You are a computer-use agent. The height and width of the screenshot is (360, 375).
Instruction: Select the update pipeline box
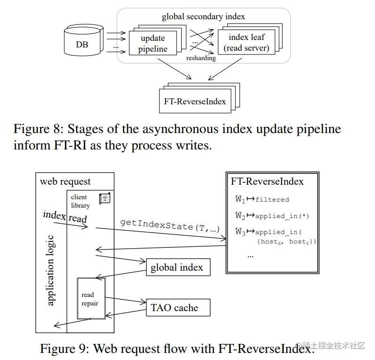point(152,43)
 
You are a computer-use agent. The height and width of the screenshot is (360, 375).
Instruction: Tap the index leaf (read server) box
point(246,42)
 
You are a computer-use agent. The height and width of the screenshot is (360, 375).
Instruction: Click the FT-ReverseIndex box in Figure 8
point(195,101)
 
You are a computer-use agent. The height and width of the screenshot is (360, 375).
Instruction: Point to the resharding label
point(201,58)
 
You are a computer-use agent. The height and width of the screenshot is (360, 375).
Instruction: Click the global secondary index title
point(203,17)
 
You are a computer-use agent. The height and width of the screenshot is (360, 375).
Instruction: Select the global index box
point(177,267)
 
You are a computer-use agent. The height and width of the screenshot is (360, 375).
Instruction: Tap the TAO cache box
point(174,308)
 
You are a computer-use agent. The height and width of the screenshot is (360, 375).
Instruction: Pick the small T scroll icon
point(104,199)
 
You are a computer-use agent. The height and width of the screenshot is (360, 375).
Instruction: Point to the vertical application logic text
point(51,270)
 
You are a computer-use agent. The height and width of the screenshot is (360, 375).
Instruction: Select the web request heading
point(65,181)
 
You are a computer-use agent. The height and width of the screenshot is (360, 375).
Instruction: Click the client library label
point(80,201)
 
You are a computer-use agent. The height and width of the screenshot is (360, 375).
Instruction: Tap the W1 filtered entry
point(262,199)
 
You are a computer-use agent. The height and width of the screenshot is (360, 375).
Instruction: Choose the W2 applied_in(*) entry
point(271,216)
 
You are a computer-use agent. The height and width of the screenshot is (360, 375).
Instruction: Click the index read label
point(65,217)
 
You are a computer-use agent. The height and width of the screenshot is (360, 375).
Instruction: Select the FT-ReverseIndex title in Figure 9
point(267,181)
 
